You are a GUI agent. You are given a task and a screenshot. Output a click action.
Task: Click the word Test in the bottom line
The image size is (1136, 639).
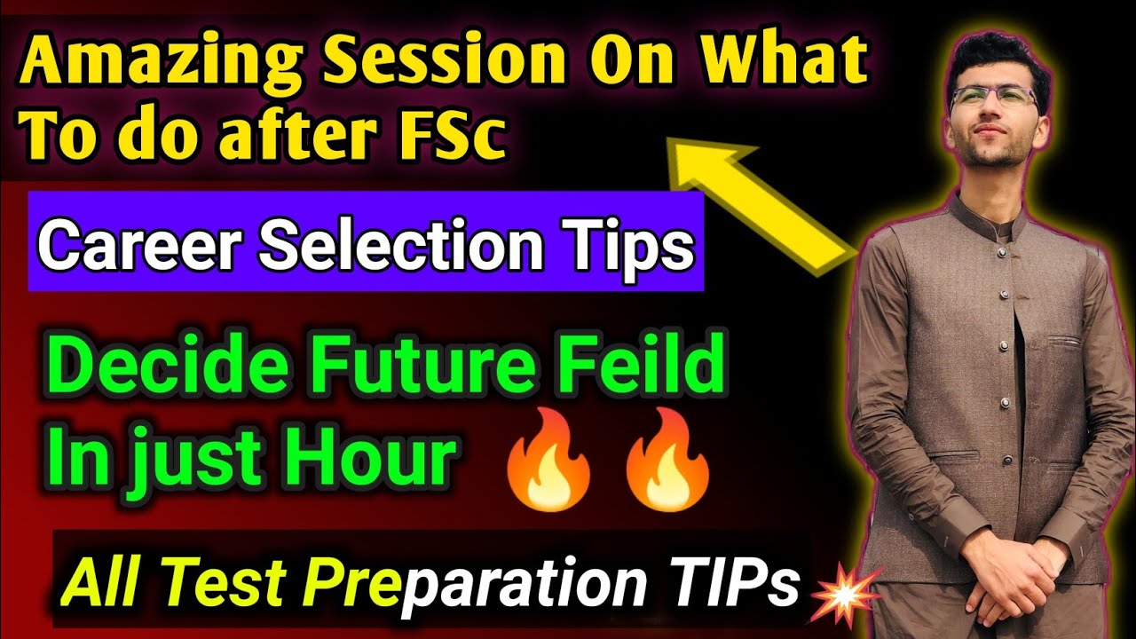tap(236, 583)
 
